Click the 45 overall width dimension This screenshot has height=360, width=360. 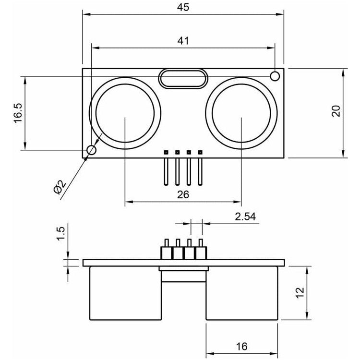pos(183,7)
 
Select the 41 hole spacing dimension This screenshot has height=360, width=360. pos(183,41)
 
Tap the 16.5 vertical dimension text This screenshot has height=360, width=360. pos(18,113)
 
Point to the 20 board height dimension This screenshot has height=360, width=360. pos(336,111)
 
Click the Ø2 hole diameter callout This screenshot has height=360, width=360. pos(60,187)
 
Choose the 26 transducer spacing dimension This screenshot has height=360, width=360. pos(183,194)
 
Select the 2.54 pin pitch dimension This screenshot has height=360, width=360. pos(245,216)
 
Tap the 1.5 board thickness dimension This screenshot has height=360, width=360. pos(61,234)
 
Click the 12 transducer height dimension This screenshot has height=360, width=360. pos(300,293)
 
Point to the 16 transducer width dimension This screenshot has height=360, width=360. pos(242,347)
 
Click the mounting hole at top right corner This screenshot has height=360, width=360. pos(275,76)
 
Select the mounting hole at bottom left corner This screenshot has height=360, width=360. pos(91,150)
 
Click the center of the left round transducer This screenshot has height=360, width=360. pos(125,113)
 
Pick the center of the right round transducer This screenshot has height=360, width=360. pos(241,113)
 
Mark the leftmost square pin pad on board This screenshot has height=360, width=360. pos(166,152)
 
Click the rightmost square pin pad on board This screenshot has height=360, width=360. pos(200,152)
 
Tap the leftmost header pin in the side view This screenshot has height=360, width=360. pos(167,249)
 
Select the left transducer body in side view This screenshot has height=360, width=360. pos(126,293)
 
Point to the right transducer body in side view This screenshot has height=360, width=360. pos(242,293)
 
